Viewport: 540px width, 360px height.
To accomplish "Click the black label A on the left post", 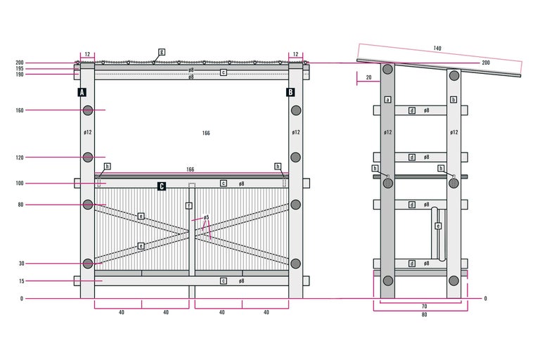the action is [82, 92].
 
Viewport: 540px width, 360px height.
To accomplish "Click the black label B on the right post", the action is [290, 92].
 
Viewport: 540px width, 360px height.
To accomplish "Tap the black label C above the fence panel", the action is [162, 186].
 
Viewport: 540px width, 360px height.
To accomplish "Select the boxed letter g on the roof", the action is [162, 52].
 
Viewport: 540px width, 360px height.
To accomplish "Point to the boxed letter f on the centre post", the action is [188, 206].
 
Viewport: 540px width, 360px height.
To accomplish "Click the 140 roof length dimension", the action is [437, 49].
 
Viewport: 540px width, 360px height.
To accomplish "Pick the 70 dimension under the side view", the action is [424, 307].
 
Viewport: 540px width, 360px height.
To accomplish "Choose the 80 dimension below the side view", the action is [424, 314].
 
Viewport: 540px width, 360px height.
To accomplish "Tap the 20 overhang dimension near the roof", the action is [369, 77].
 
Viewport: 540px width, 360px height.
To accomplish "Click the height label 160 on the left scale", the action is [20, 110].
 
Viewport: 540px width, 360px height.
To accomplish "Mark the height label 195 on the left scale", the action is [20, 69].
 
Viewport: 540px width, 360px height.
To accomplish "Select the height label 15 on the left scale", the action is [22, 281].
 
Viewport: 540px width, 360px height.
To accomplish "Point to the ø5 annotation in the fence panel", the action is [206, 217].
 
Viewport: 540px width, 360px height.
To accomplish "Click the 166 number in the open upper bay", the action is [206, 133].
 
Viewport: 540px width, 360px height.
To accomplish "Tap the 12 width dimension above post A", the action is [87, 54].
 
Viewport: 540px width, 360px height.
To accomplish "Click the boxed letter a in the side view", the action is [388, 100].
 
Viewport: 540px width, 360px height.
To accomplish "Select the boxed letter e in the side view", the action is [438, 226].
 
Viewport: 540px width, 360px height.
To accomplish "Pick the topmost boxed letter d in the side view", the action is [412, 110].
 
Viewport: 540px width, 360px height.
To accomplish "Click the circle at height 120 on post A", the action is [88, 157].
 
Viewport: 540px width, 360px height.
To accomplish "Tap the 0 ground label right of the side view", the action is [486, 298].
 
